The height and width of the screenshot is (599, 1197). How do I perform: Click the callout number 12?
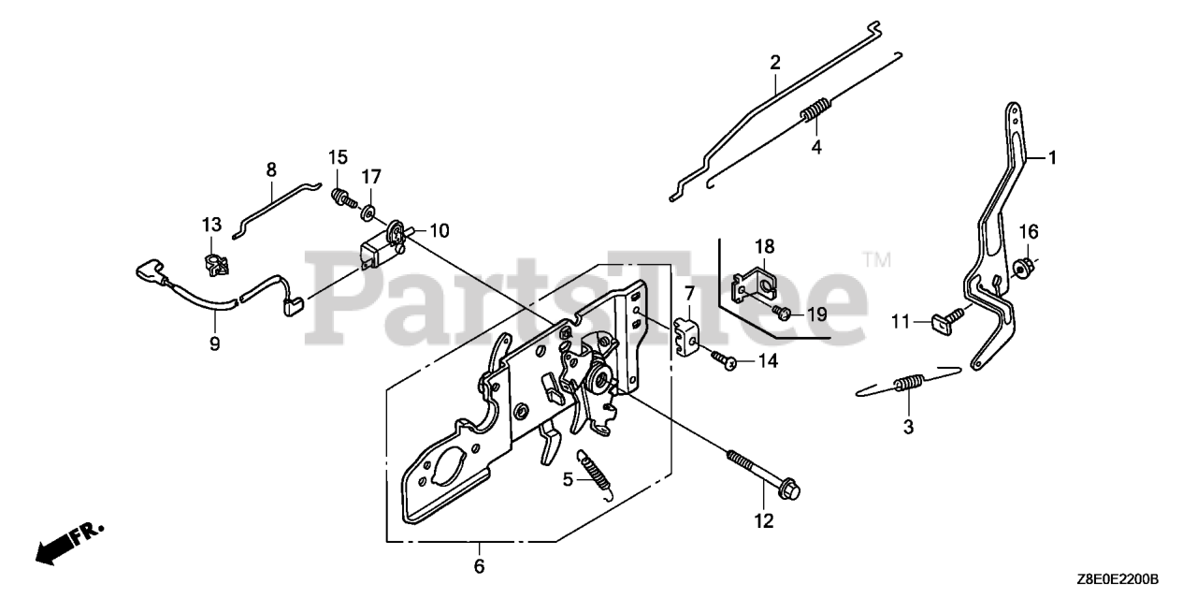click(x=764, y=521)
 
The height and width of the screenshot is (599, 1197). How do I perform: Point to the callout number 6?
click(x=479, y=566)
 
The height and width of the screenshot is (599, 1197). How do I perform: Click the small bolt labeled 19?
click(x=785, y=312)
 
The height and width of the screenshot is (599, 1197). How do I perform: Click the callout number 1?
click(x=1051, y=158)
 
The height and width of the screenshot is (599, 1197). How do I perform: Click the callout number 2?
click(x=774, y=64)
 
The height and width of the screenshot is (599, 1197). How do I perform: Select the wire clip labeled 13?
click(x=213, y=265)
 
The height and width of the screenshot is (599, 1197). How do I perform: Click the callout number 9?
click(x=214, y=343)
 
